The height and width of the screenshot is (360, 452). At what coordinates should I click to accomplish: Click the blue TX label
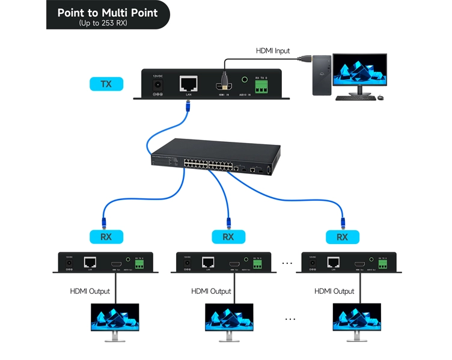106,84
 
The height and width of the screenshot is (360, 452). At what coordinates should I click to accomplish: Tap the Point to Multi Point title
108,13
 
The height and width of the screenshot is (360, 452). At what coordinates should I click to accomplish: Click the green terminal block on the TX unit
262,88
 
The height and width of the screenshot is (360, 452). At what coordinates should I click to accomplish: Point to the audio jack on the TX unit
245,79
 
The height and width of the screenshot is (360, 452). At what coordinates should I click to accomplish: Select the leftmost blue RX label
106,237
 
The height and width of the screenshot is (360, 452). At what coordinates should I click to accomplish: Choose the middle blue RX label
228,237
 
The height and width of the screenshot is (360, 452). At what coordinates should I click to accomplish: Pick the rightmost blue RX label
342,237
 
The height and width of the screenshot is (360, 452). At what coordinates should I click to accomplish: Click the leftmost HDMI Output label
91,291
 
